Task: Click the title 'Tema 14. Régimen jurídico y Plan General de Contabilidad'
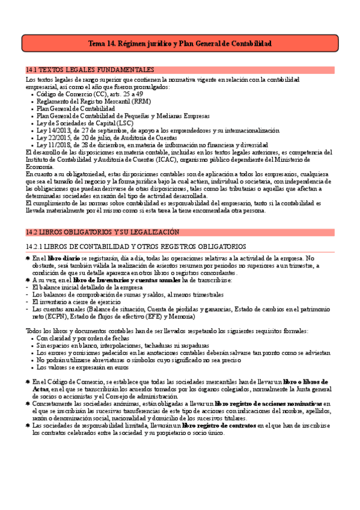tap(180, 44)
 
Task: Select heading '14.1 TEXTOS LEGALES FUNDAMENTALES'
tap(90, 70)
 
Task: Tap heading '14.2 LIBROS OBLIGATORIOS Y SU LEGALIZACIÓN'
tap(103, 232)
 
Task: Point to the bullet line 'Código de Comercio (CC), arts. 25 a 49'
tap(90, 94)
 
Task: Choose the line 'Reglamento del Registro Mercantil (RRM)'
tap(94, 102)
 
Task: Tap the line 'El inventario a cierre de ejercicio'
tap(78, 301)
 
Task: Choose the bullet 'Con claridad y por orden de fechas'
tap(84, 339)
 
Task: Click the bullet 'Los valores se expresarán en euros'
tap(84, 367)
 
